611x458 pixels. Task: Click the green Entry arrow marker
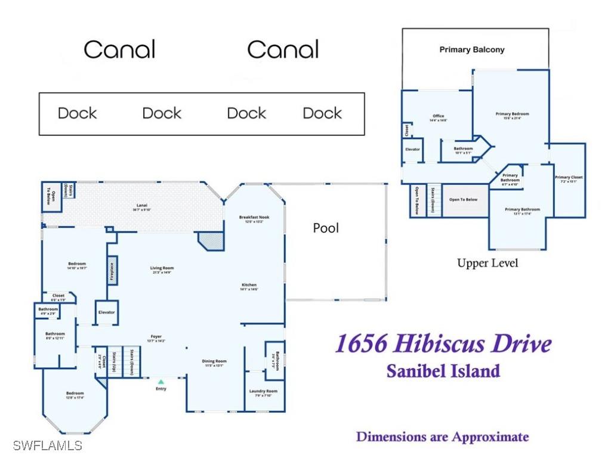[161, 381]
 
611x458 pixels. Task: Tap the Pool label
[326, 228]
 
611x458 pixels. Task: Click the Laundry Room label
[263, 391]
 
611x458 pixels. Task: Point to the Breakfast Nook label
[254, 217]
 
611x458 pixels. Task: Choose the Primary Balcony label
[472, 49]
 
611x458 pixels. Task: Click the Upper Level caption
[487, 263]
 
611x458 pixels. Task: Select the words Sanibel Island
[443, 370]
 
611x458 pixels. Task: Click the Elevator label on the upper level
[412, 149]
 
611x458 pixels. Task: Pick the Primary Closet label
[569, 177]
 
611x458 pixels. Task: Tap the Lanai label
[137, 206]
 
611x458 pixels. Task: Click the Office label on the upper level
[439, 116]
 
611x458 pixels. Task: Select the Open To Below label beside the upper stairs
[463, 199]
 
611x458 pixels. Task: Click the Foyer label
[155, 337]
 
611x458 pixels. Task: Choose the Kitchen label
[249, 285]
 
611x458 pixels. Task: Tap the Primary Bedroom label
[512, 114]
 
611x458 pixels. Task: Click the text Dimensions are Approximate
[442, 437]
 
